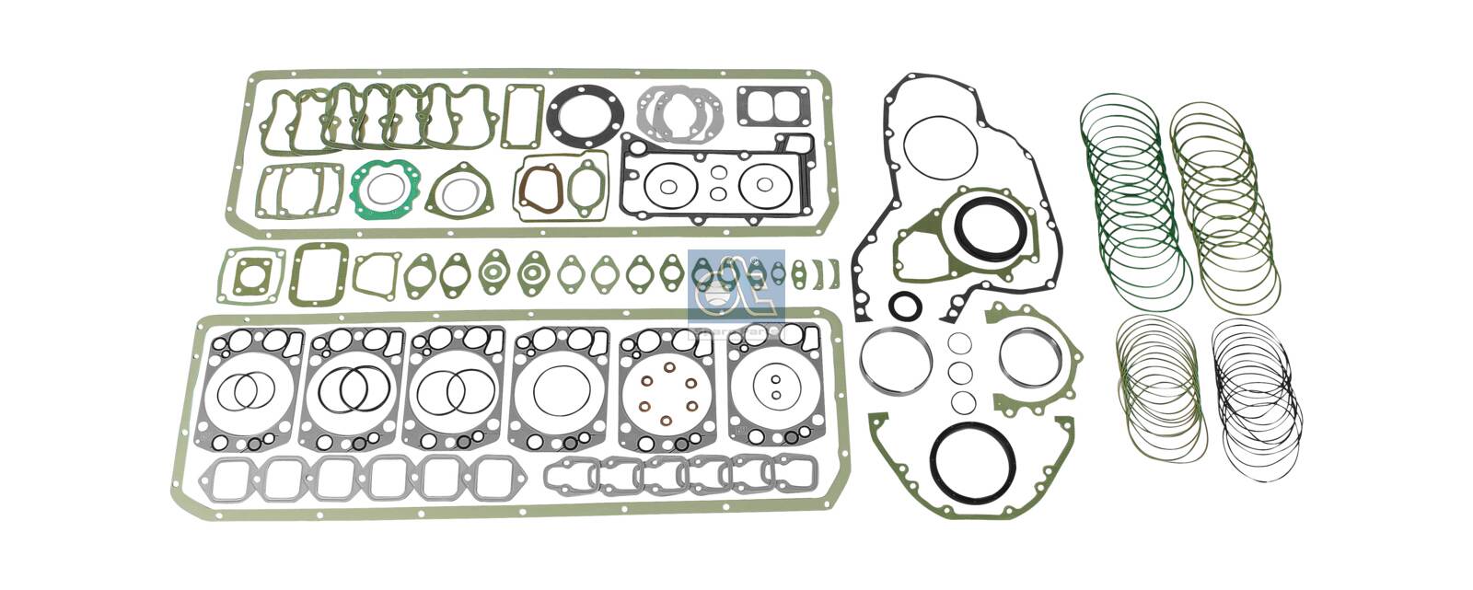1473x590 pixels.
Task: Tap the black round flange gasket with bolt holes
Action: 586,116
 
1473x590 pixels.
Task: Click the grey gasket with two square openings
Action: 773,107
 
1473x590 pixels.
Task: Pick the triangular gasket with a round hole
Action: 458,193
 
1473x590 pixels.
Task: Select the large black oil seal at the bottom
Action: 971,459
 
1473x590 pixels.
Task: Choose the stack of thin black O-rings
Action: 1258,396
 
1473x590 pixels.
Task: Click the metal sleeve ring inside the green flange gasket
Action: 1029,358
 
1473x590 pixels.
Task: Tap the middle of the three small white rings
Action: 960,373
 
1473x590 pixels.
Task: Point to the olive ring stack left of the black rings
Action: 1160,387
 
